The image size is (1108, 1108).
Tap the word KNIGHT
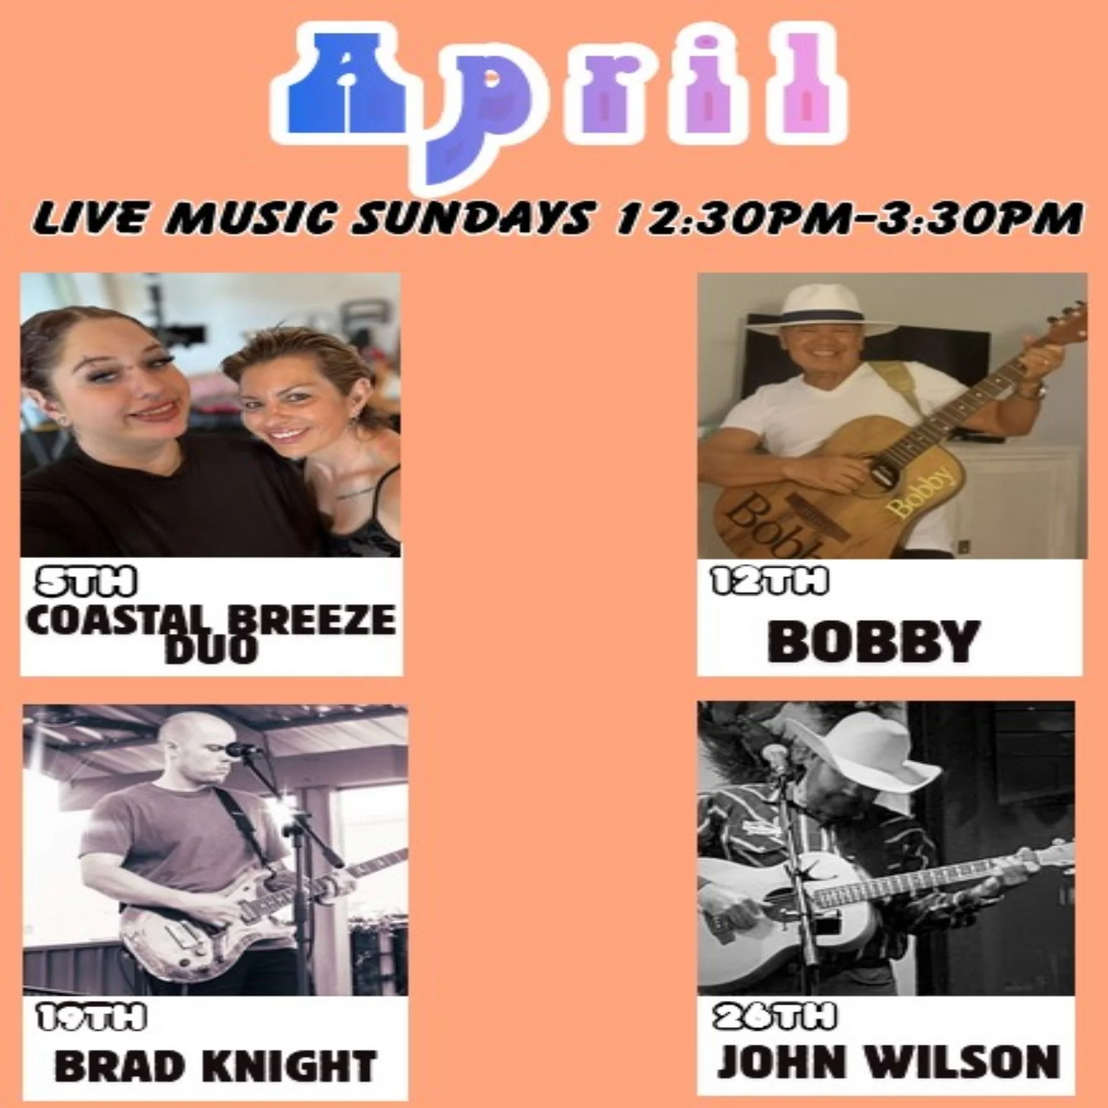tap(280, 1067)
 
